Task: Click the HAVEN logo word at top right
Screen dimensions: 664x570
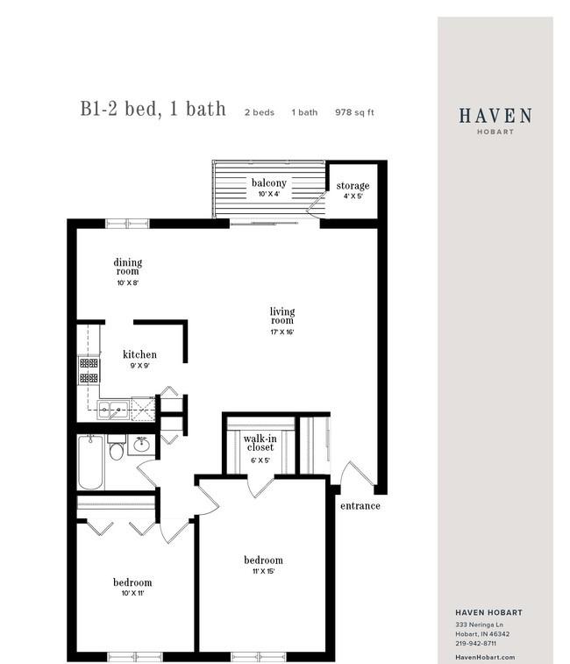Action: point(495,116)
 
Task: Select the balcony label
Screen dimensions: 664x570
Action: point(268,183)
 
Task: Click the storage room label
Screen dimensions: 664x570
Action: point(353,186)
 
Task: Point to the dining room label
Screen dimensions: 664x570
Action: point(127,267)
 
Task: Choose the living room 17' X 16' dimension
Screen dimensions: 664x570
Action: point(281,332)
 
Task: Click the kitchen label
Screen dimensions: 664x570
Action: point(139,355)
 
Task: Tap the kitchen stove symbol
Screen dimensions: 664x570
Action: point(89,369)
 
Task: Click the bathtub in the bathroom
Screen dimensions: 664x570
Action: point(90,462)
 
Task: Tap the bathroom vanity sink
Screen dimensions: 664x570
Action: point(141,446)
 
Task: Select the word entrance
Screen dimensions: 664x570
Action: point(360,506)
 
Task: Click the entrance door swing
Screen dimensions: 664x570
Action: point(355,475)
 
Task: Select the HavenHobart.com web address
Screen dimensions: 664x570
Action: point(485,657)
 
